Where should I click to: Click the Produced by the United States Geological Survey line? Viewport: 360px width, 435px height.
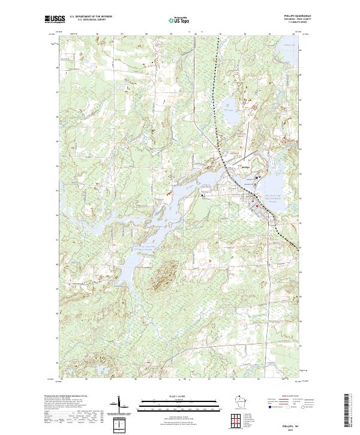click(x=60, y=397)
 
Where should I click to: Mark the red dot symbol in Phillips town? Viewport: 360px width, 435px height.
click(x=258, y=206)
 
